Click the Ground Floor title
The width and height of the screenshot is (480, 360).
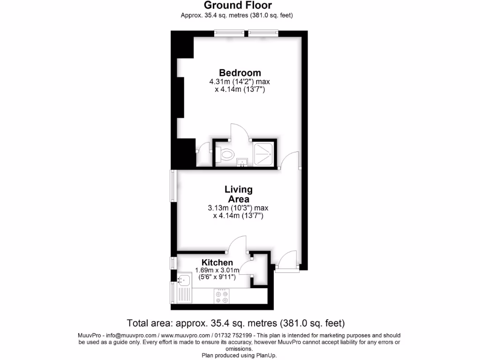point(237,5)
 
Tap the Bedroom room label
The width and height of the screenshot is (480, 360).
point(240,73)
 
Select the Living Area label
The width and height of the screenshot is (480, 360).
point(239,194)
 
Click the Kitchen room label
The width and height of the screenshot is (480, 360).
point(217,262)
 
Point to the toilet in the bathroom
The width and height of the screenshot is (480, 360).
point(226,153)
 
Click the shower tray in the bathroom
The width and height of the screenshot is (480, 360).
point(263,153)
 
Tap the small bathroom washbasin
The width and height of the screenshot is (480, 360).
point(242,162)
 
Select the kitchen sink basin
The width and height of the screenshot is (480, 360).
point(183,280)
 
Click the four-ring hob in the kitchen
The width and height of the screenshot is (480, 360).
point(221,295)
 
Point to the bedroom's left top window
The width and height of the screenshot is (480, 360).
point(230,32)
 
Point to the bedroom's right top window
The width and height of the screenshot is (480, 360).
point(263,32)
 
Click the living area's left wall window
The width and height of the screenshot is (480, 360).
point(172,186)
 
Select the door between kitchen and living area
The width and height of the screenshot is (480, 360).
point(237,244)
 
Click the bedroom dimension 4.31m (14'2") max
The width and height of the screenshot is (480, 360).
point(240,82)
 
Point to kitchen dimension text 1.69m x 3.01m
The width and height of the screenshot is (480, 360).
point(217,270)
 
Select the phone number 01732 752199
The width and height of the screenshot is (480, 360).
point(233,336)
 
